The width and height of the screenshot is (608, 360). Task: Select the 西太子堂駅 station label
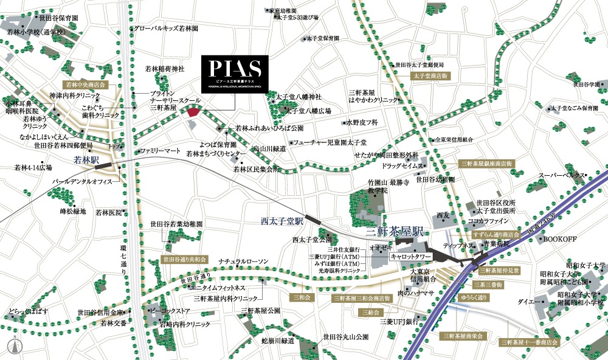click(282, 220)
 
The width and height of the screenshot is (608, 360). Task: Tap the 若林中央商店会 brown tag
click(86, 85)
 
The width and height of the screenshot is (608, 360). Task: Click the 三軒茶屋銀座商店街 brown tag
click(488, 164)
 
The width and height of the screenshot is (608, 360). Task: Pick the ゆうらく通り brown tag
click(474, 297)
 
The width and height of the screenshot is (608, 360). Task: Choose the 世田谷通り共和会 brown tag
click(185, 259)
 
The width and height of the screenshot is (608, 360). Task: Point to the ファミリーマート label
click(161, 150)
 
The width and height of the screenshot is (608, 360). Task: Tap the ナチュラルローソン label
click(243, 261)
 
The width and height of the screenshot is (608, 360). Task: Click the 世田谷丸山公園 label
click(346, 336)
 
